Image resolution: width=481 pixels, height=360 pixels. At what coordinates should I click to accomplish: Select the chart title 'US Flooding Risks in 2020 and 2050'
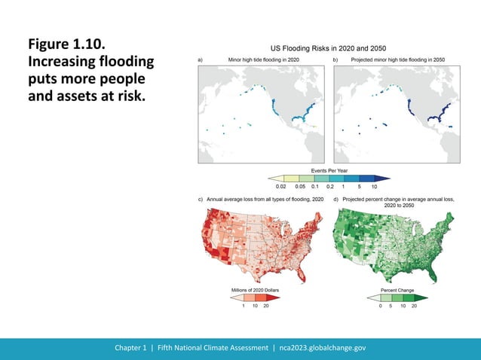[x=328, y=47]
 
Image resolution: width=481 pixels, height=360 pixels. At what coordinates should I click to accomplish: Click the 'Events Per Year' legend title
[x=329, y=172]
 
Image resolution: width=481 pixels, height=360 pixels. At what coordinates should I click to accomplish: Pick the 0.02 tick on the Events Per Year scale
[x=280, y=185]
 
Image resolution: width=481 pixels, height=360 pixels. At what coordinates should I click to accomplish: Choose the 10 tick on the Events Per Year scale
[x=374, y=185]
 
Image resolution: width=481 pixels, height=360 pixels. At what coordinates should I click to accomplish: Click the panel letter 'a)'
[x=201, y=59]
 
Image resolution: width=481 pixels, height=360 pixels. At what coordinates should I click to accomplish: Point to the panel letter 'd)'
[x=335, y=199]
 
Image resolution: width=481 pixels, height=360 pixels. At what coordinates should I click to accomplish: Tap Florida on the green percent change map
[x=440, y=269]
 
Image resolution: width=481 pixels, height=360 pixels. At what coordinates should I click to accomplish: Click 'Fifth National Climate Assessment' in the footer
[x=214, y=348]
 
